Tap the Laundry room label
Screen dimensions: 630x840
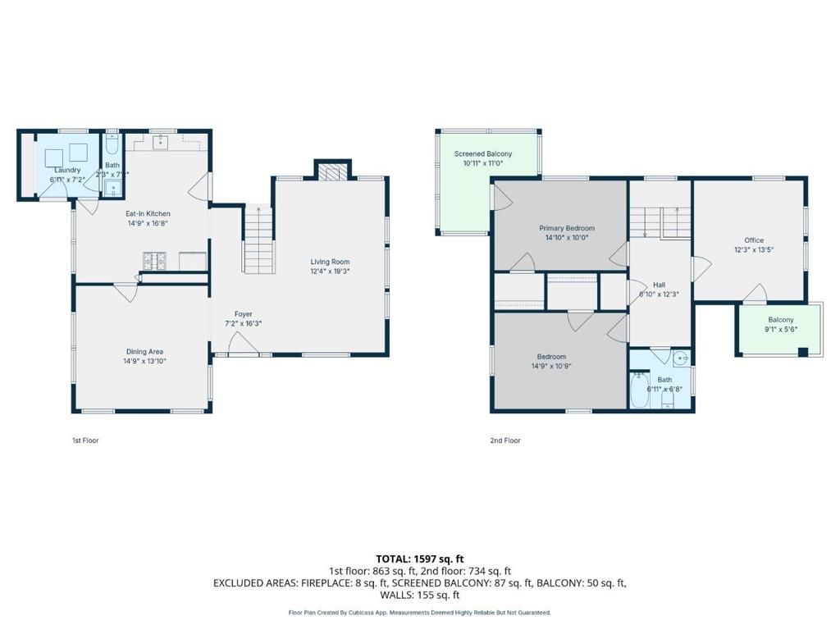point(67,170)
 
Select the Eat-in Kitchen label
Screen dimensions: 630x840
point(148,213)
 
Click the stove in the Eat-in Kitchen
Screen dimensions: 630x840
point(155,262)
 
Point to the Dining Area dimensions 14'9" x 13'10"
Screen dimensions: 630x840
point(144,361)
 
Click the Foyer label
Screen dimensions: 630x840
point(243,314)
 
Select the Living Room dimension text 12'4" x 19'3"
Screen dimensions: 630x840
point(330,272)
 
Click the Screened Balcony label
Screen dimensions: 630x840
point(483,154)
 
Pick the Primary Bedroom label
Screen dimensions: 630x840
point(566,228)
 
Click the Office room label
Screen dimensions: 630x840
point(753,240)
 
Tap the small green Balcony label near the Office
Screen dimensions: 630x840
point(780,320)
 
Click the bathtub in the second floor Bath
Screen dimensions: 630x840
point(639,391)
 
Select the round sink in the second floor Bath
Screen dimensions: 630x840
point(680,358)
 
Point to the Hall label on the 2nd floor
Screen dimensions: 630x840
point(659,285)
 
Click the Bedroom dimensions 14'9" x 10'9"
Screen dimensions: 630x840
point(551,366)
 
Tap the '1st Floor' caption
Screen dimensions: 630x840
point(85,441)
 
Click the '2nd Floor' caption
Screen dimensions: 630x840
point(505,441)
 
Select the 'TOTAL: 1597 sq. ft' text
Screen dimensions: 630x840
point(419,559)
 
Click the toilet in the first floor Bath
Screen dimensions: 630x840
point(112,149)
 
